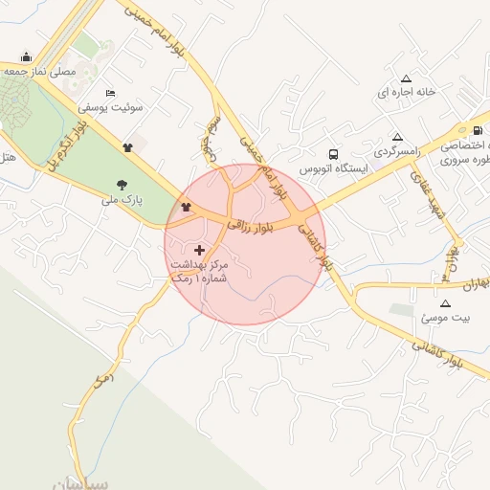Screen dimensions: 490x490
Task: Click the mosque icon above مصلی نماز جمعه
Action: pyautogui.click(x=25, y=56)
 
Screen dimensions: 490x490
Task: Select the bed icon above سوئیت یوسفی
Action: pyautogui.click(x=111, y=93)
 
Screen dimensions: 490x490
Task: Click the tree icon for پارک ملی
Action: pyautogui.click(x=122, y=185)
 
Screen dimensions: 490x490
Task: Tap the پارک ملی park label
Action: pyautogui.click(x=122, y=201)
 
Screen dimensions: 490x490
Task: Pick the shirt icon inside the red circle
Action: pyautogui.click(x=186, y=207)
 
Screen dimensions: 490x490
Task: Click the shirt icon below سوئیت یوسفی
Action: pyautogui.click(x=127, y=147)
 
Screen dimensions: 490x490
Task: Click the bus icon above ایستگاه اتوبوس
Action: pyautogui.click(x=332, y=153)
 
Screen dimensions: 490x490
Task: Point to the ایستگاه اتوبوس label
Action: pyautogui.click(x=331, y=168)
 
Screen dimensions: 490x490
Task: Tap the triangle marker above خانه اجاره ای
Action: pyautogui.click(x=406, y=78)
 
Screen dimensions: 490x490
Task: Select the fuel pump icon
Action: pyautogui.click(x=478, y=130)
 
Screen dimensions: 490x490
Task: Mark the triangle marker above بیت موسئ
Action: pyautogui.click(x=444, y=302)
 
